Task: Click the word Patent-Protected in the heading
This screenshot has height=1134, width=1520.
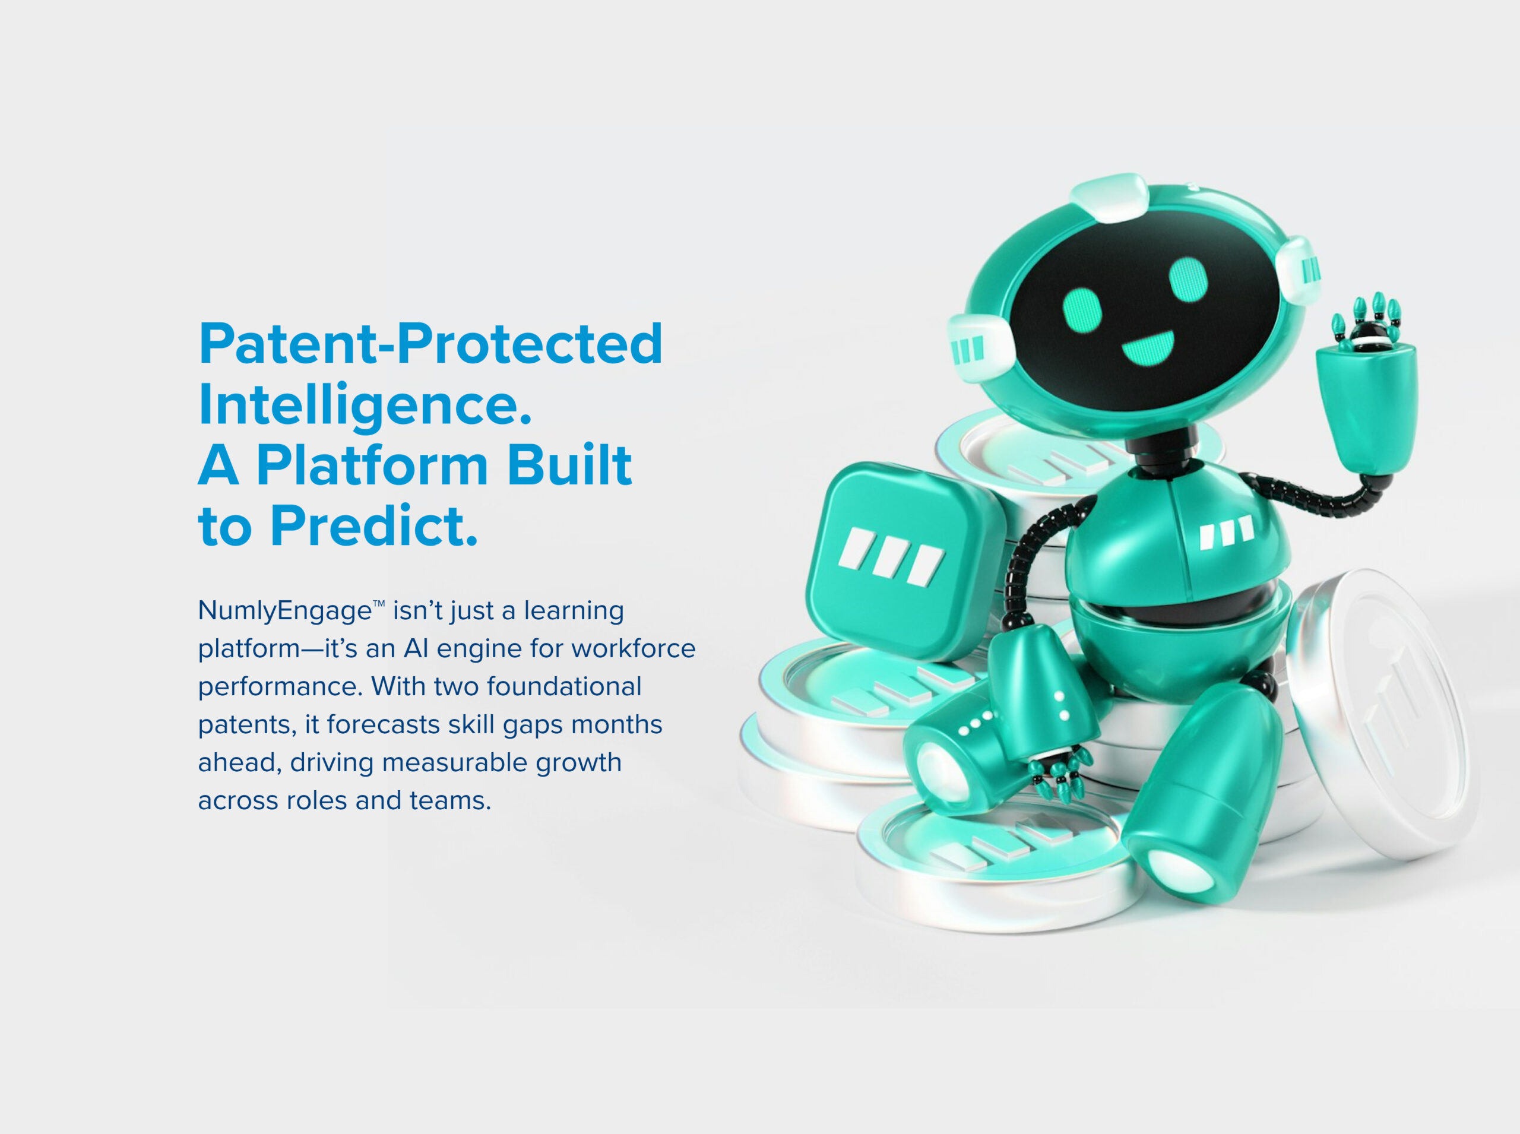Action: pos(430,343)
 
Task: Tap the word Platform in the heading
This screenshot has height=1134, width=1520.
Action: pos(372,465)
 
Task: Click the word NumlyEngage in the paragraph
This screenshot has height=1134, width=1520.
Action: pos(285,611)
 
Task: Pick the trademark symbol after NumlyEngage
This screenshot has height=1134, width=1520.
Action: pos(379,604)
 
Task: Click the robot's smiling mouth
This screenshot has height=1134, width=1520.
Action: pos(1148,349)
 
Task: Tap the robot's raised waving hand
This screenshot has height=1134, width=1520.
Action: pos(1366,384)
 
